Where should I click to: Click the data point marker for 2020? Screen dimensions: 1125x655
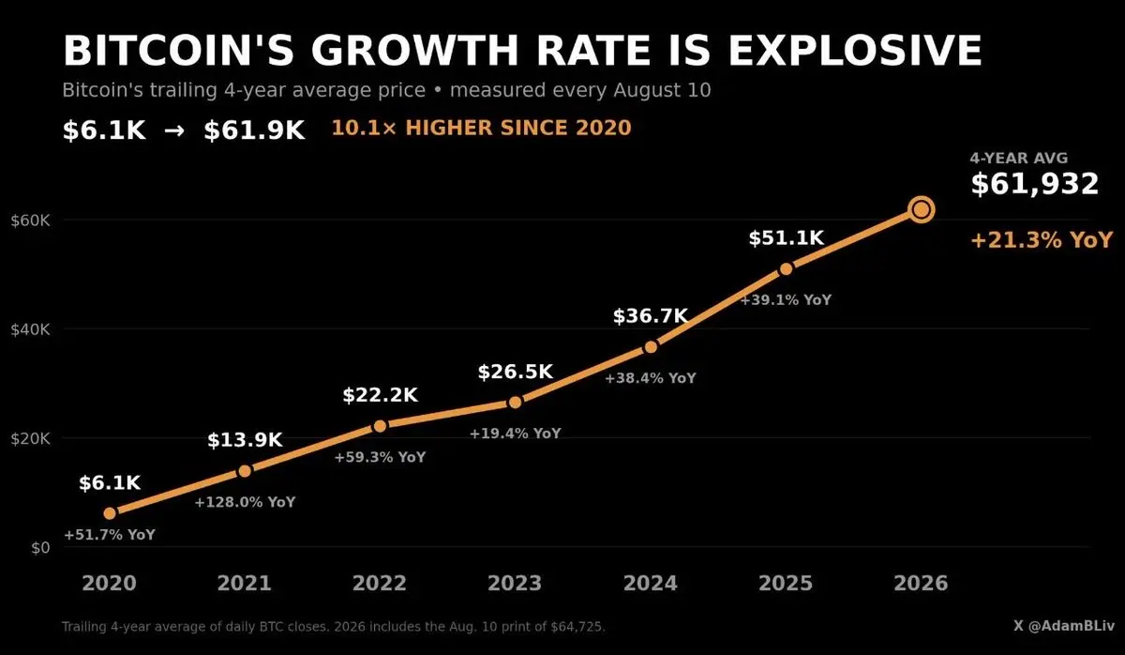110,513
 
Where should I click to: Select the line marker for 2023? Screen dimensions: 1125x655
516,403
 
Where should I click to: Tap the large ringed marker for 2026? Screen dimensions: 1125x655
922,209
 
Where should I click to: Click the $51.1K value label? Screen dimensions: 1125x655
786,237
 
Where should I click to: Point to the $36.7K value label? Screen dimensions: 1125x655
651,316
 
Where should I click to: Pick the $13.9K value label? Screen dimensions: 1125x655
245,440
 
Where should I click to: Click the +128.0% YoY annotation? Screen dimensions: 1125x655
245,502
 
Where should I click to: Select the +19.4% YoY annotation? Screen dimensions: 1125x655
516,434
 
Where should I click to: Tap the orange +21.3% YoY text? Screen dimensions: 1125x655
1042,240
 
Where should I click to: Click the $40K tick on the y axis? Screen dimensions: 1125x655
30,329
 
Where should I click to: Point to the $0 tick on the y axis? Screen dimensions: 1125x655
40,547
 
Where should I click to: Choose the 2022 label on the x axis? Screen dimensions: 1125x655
380,583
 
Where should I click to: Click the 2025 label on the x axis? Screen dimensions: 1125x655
786,583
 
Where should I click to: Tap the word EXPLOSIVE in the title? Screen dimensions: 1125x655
855,51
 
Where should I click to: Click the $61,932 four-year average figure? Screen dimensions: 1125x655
1035,184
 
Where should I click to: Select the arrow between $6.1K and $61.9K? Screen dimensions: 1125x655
174,130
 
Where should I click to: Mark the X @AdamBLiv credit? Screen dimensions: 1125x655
1064,626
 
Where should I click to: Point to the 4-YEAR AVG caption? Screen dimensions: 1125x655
1019,158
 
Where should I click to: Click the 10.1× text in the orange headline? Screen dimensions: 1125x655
364,128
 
